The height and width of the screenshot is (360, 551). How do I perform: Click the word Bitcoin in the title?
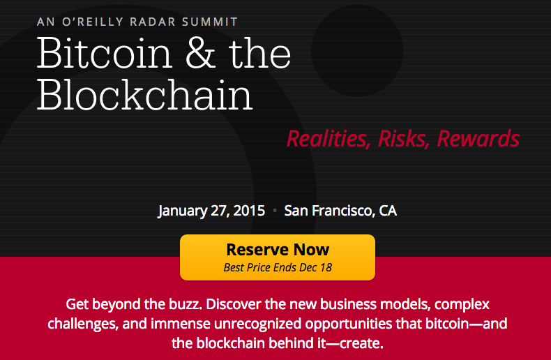(x=105, y=53)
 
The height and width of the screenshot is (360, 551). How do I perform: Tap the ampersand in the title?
(x=200, y=54)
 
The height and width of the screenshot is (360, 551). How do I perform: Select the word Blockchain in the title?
(x=145, y=94)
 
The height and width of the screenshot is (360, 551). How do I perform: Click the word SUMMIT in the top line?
(x=210, y=22)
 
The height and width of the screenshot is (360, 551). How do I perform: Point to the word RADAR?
(x=153, y=22)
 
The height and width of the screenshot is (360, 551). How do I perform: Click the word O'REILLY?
(x=93, y=22)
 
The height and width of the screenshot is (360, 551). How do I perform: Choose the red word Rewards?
(x=478, y=139)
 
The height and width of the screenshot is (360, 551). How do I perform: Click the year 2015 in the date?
(x=249, y=211)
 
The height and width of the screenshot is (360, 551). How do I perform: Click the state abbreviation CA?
(x=388, y=211)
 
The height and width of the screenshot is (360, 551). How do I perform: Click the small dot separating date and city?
(x=275, y=211)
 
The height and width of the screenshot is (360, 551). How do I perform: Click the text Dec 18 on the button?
(x=316, y=267)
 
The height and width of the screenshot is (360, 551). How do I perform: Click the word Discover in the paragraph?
(x=234, y=304)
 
